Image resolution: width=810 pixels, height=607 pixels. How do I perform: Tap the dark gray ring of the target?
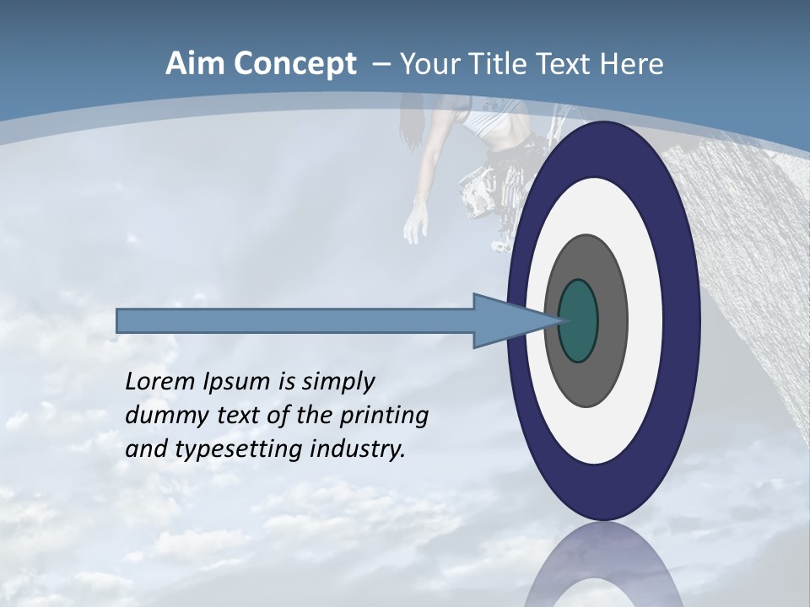pyautogui.click(x=612, y=320)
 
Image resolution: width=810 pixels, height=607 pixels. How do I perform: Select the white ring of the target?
pyautogui.click(x=645, y=320)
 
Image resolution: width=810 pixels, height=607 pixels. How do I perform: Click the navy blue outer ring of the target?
pyautogui.click(x=683, y=320)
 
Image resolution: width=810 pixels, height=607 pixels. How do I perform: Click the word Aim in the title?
pyautogui.click(x=193, y=64)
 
